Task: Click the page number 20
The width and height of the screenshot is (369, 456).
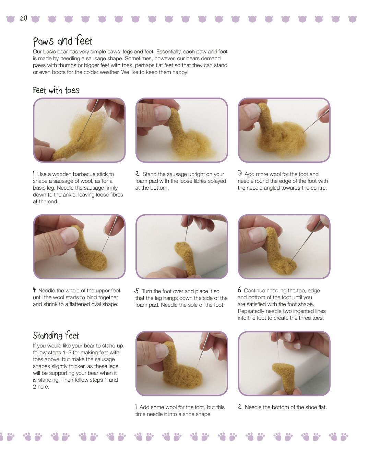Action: [23, 18]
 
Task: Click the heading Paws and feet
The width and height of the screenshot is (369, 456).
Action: [63, 40]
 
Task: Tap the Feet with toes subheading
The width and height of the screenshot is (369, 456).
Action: [56, 90]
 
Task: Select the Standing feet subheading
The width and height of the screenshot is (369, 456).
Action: [56, 335]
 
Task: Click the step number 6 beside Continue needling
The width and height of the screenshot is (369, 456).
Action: [239, 290]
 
